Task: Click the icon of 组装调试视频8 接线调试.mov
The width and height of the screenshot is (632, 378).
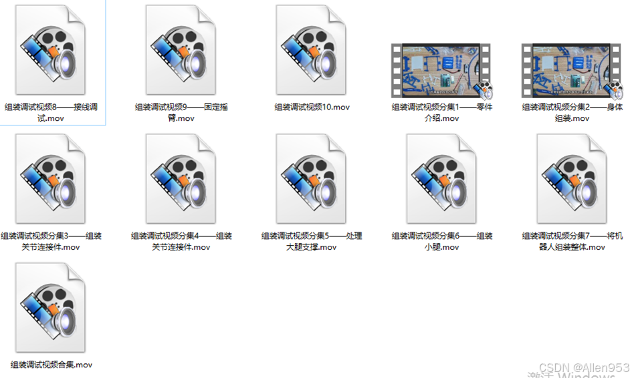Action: [x=50, y=50]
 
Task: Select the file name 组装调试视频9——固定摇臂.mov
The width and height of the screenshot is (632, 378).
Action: [x=181, y=112]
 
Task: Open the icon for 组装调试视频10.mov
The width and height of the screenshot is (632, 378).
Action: [x=311, y=50]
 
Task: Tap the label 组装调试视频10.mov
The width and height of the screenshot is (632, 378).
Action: [x=312, y=107]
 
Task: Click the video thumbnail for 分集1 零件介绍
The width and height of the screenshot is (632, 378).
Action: [x=441, y=70]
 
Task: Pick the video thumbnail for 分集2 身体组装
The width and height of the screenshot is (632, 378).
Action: [x=572, y=70]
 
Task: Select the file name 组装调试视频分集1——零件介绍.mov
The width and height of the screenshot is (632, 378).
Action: [x=442, y=112]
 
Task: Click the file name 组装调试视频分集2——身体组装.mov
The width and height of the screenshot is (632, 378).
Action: [x=572, y=112]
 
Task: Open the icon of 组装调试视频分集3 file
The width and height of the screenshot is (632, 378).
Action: [x=50, y=179]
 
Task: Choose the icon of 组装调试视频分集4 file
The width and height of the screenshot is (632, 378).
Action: [x=181, y=179]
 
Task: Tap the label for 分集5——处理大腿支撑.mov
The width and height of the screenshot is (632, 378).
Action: [x=312, y=241]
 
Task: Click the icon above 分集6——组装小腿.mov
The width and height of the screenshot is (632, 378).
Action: [x=441, y=179]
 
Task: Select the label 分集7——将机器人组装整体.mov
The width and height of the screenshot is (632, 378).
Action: [x=572, y=241]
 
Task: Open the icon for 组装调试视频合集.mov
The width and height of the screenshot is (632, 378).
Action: [x=50, y=308]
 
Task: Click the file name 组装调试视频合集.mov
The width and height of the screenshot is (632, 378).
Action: [x=51, y=365]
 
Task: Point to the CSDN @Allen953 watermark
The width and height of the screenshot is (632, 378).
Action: [x=584, y=367]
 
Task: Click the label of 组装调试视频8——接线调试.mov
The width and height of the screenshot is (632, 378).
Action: [x=51, y=112]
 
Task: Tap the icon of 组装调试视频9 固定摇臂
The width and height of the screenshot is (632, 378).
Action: [x=181, y=50]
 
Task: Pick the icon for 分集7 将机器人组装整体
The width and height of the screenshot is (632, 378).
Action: [x=572, y=179]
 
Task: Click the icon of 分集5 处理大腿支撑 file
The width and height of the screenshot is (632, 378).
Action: [x=311, y=179]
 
